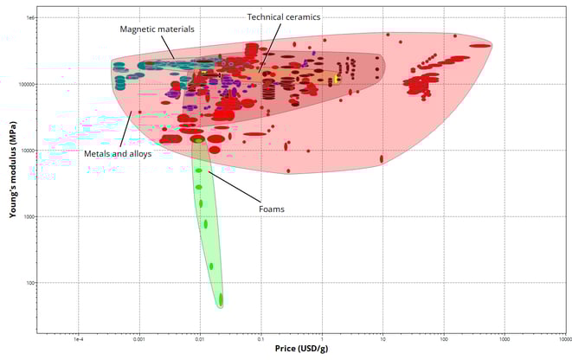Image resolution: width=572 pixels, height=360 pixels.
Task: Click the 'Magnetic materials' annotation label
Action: pyautogui.click(x=157, y=29)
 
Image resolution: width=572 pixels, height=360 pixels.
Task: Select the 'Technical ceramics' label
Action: pyautogui.click(x=284, y=16)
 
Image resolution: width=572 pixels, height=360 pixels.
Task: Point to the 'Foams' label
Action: pyautogui.click(x=271, y=209)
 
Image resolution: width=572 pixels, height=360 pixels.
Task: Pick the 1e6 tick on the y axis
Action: pyautogui.click(x=31, y=17)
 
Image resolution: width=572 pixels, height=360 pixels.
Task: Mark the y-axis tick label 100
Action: pyautogui.click(x=32, y=283)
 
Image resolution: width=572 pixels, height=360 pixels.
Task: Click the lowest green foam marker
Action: pyautogui.click(x=221, y=300)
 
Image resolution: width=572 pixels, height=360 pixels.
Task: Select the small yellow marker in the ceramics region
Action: pyautogui.click(x=336, y=80)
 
